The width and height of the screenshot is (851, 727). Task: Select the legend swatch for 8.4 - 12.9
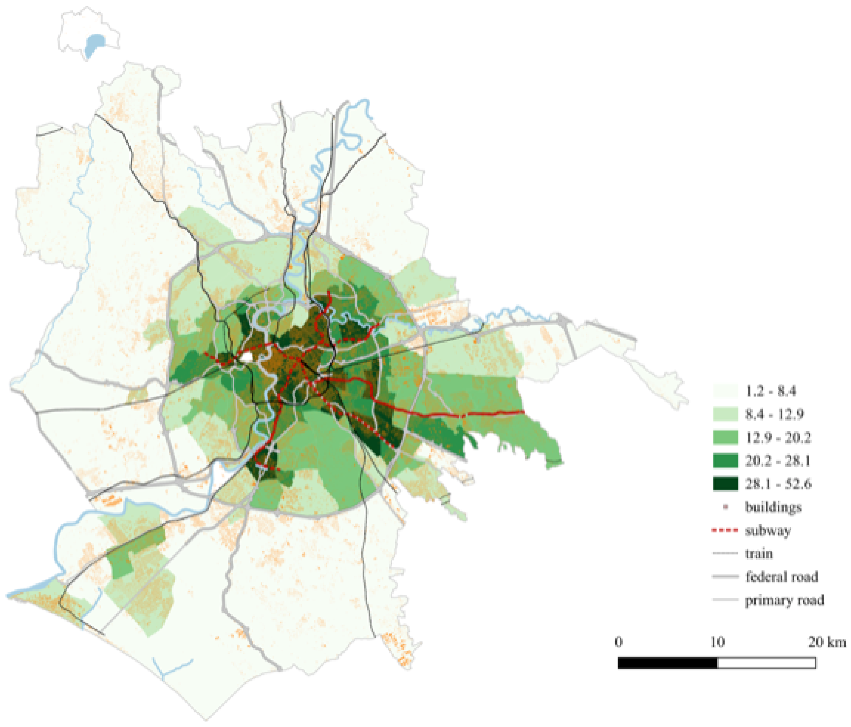coord(725,414)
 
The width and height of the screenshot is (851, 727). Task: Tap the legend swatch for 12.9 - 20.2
coord(725,438)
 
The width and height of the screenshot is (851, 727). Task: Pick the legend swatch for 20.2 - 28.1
coord(725,461)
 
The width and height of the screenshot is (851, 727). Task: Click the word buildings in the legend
coord(773,507)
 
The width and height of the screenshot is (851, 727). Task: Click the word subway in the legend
coord(767,531)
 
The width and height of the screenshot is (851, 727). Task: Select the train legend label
coord(759,554)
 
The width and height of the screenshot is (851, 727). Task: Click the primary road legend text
coord(784,600)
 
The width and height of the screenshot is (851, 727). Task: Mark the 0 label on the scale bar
coord(619,642)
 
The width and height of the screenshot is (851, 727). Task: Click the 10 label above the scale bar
coord(717,642)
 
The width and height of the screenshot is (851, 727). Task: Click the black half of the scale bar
coord(668,663)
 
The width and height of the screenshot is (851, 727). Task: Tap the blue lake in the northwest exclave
coord(94,44)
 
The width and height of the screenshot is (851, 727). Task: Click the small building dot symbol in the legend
coord(725,507)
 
